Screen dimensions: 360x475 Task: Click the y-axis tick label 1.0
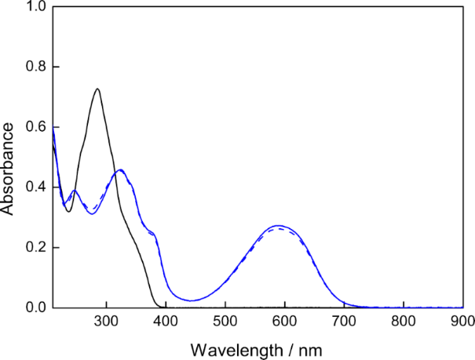pos(35,7)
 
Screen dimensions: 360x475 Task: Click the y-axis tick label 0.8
pos(35,67)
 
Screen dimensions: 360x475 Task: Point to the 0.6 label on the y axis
pos(35,128)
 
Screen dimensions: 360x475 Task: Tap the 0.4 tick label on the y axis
pos(35,187)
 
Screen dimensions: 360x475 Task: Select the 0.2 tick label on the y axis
pos(35,248)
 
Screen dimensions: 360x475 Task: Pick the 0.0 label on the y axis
pos(35,307)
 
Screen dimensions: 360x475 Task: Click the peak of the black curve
pos(97,89)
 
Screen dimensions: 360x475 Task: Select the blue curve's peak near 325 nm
pos(120,170)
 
